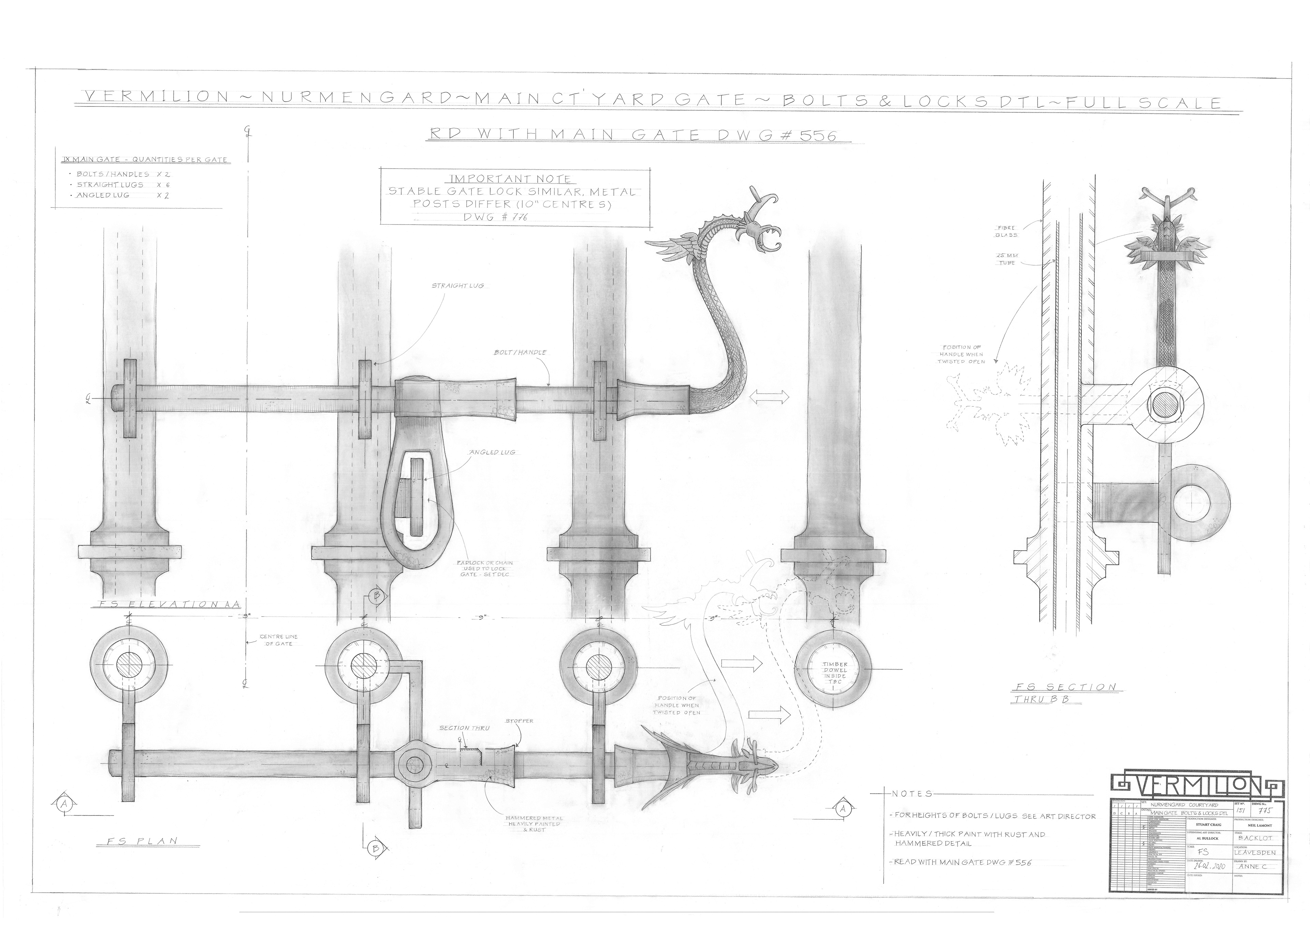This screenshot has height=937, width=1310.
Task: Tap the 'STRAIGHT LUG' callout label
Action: pos(457,286)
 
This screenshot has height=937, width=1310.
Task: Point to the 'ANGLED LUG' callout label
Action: pos(492,452)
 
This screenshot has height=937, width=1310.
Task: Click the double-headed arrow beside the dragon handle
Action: pos(769,397)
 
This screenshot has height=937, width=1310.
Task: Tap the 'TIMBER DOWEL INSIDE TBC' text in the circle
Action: pos(835,673)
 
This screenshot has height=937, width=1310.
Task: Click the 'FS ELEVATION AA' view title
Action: pos(167,604)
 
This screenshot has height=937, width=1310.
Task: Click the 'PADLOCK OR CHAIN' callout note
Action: pos(484,568)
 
